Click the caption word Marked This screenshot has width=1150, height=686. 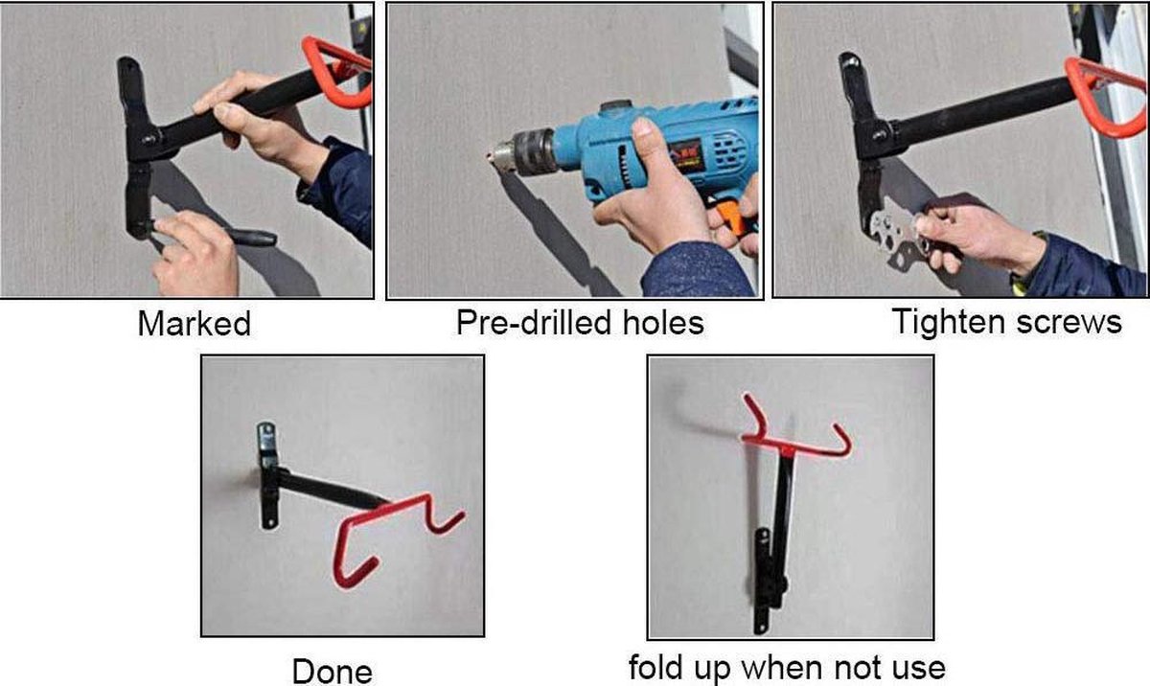(194, 324)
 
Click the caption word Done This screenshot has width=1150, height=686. (333, 672)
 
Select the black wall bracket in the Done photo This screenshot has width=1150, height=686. (268, 475)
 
